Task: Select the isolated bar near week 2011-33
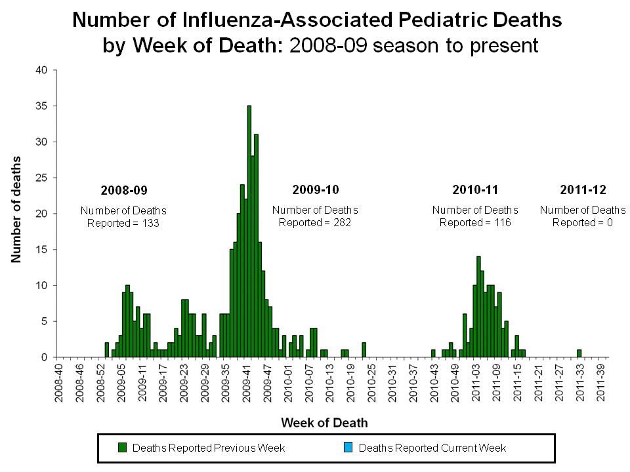point(579,353)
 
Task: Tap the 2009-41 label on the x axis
point(247,382)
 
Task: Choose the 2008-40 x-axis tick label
point(61,382)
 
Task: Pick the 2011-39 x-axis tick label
point(600,382)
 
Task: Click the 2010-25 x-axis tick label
point(371,382)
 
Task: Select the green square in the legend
point(122,448)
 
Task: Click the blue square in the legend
point(348,448)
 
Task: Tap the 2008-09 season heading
point(124,191)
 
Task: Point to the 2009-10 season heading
point(315,190)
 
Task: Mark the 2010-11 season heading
point(475,190)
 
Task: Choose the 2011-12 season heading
point(583,190)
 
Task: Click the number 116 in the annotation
point(501,222)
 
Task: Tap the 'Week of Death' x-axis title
point(324,423)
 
